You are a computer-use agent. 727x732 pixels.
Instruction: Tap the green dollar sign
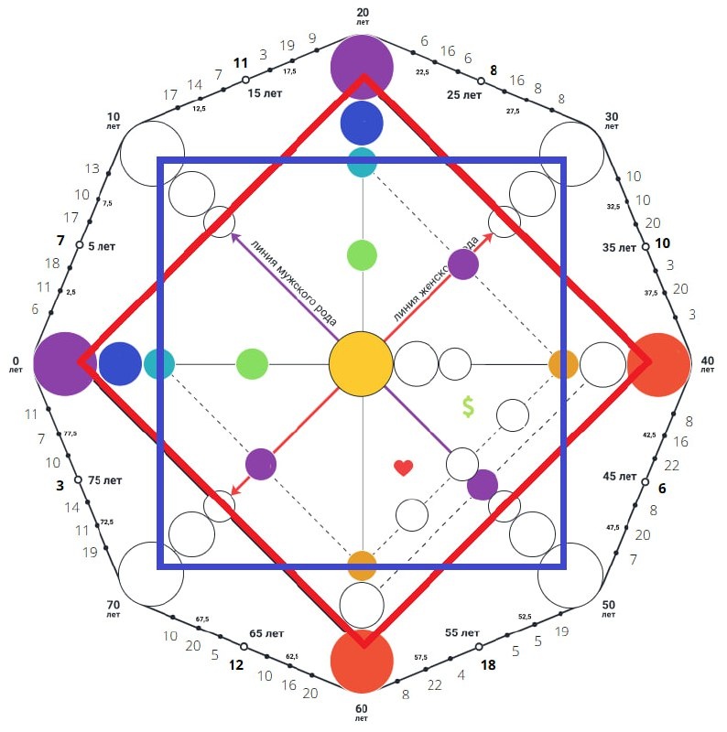468,408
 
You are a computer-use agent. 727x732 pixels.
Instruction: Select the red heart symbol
403,468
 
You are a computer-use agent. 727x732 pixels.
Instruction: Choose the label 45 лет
620,477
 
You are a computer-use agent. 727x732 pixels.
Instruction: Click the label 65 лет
267,633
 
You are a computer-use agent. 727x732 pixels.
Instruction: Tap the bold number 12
235,665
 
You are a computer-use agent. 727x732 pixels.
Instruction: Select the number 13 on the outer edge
92,169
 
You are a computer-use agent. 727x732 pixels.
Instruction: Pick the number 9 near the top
313,38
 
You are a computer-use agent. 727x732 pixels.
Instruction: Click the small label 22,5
423,71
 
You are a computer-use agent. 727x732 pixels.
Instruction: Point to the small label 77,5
71,434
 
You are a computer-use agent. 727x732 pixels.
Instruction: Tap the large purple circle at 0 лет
65,363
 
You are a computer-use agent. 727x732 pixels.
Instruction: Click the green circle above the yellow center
362,255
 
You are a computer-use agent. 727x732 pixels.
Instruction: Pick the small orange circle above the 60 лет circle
362,565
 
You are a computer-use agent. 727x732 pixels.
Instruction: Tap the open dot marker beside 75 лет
79,480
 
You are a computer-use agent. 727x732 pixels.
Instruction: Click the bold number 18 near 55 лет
488,665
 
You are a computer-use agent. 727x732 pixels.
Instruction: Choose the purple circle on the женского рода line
463,264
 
